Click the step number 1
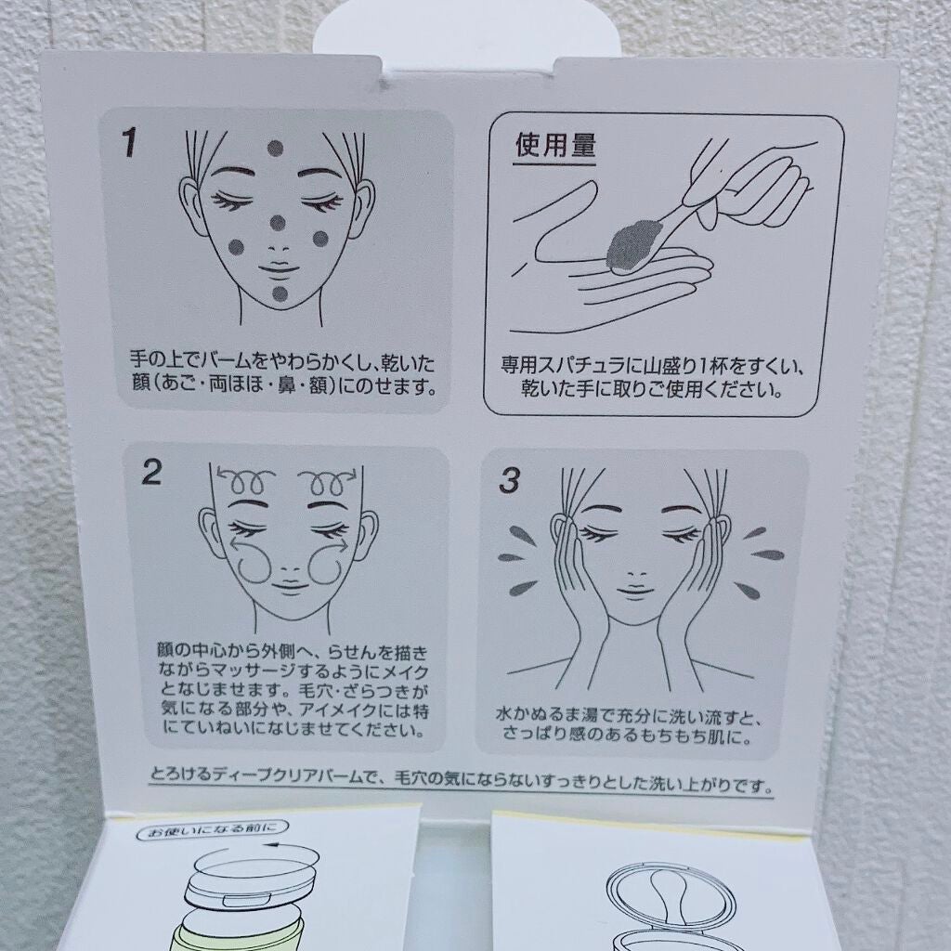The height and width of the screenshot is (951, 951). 129,142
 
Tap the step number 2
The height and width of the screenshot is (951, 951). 151,472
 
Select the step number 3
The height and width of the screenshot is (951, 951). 510,480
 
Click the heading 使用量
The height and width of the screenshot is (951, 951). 555,146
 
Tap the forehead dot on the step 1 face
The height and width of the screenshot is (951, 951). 275,148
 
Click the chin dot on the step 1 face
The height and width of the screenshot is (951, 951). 280,294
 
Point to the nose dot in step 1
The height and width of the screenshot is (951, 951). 278,223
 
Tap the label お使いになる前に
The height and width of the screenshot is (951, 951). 213,829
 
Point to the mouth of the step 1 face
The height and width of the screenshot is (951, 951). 279,269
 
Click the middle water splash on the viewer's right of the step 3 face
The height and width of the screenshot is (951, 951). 768,555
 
